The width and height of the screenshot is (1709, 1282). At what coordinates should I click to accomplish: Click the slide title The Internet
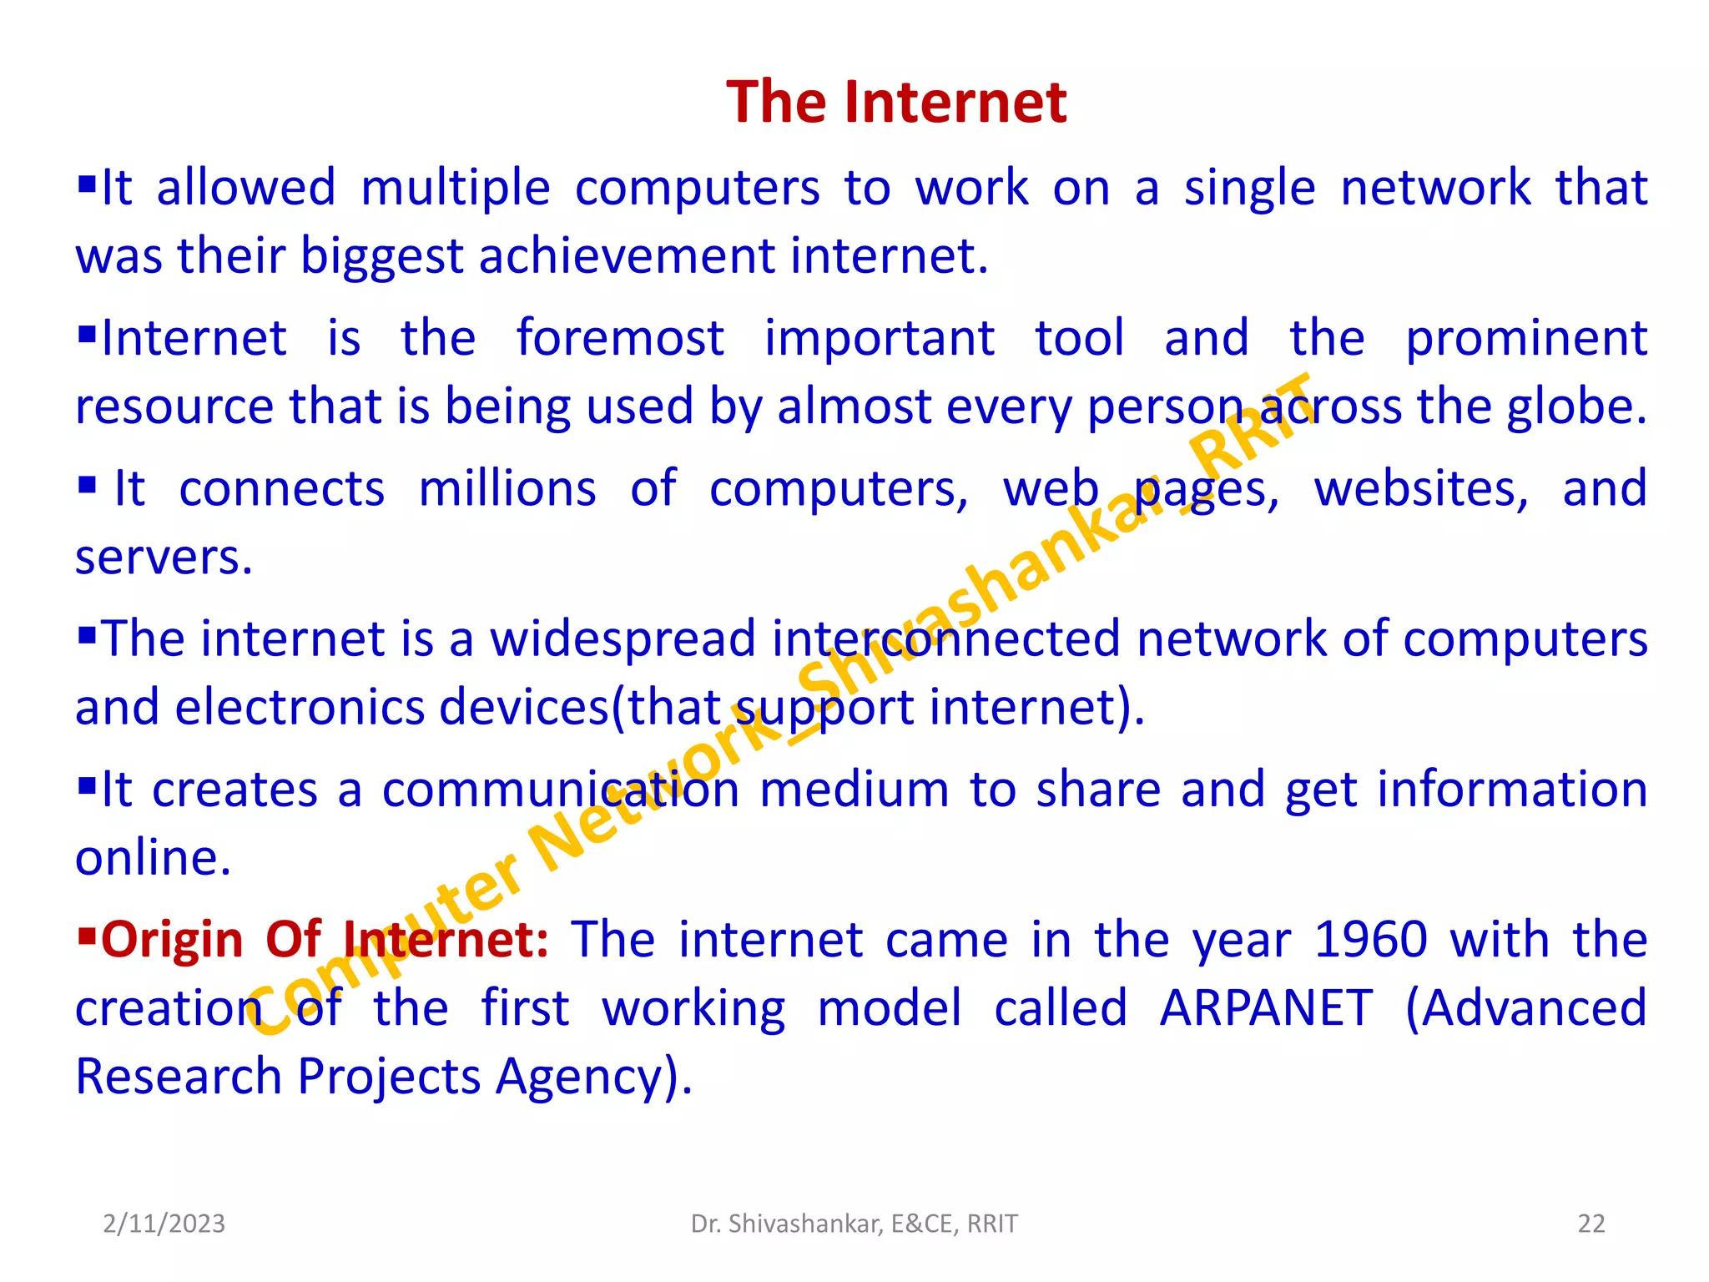(895, 102)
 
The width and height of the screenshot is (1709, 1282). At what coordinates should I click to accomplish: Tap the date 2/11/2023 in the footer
(164, 1224)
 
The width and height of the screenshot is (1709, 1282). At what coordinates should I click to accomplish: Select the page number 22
(1591, 1224)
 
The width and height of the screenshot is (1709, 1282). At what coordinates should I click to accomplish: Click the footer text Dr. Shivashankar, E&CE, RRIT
(854, 1224)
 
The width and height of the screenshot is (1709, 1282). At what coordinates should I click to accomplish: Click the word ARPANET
(1266, 1008)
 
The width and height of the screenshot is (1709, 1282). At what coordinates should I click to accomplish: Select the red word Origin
(171, 940)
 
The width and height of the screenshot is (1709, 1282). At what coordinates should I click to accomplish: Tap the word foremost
(619, 338)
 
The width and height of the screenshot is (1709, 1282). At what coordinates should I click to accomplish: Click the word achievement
(627, 255)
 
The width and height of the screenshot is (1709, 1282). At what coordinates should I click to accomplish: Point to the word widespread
(622, 639)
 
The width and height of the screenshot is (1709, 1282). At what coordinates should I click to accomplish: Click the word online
(152, 858)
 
